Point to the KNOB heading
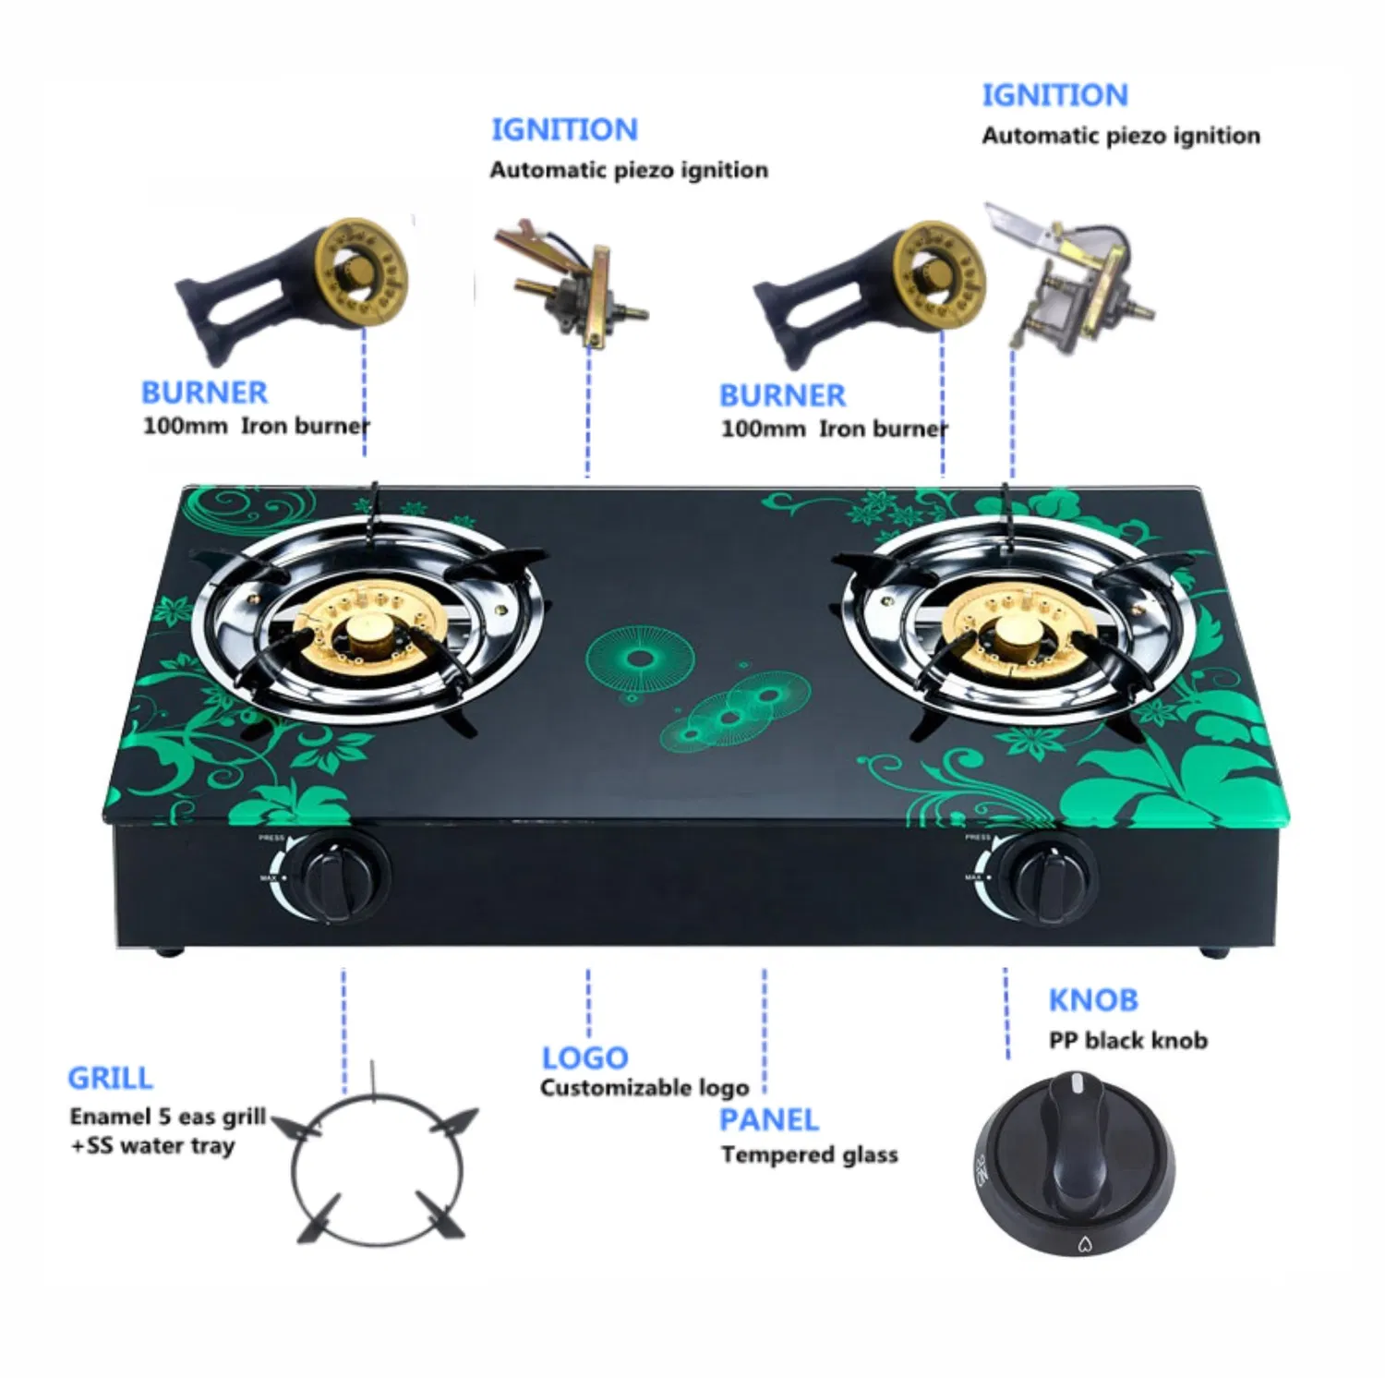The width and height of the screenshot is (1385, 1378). pyautogui.click(x=1093, y=999)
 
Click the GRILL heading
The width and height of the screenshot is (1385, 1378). pyautogui.click(x=110, y=1078)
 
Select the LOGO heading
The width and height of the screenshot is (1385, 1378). pyautogui.click(x=584, y=1058)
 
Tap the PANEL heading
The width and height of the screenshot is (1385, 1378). pyautogui.click(x=769, y=1119)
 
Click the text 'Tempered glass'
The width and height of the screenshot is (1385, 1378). pyautogui.click(x=809, y=1154)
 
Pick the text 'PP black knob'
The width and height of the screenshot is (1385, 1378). pyautogui.click(x=1128, y=1041)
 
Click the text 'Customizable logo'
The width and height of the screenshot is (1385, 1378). pyautogui.click(x=644, y=1088)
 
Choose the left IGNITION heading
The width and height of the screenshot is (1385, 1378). pyautogui.click(x=564, y=129)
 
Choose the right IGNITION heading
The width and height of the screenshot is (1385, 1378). pyautogui.click(x=1054, y=95)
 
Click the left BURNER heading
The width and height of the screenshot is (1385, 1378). pyautogui.click(x=204, y=393)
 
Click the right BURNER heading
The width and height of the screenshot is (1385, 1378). pyautogui.click(x=782, y=395)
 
